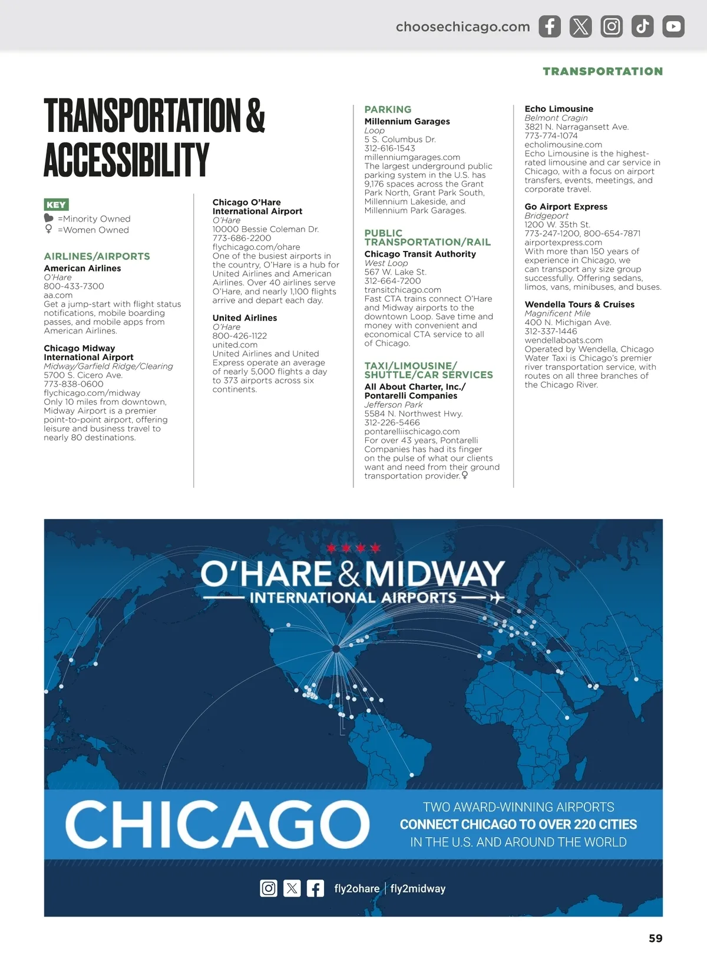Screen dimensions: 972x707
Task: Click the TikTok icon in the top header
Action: [x=642, y=27]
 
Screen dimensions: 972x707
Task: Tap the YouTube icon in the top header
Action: [x=673, y=27]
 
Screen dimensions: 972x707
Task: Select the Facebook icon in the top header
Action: [x=550, y=27]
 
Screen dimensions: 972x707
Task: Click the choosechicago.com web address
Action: [x=462, y=27]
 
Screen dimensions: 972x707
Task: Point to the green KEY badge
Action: [x=56, y=205]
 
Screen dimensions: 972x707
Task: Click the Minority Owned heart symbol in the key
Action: [x=49, y=219]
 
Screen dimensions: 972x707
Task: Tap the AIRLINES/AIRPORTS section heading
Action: [x=97, y=256]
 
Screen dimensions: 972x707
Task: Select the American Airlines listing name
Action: [x=82, y=268]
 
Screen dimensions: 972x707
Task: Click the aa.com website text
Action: [x=58, y=295]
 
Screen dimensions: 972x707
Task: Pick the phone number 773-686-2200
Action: [x=242, y=238]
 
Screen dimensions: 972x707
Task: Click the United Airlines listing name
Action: [x=245, y=318]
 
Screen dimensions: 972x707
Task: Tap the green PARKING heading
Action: [x=388, y=110]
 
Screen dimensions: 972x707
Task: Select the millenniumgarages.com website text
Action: [x=412, y=157]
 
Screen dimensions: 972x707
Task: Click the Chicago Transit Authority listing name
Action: [x=420, y=254]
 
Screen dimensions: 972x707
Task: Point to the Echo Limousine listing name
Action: [x=559, y=109]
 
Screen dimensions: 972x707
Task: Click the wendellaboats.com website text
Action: [x=563, y=340]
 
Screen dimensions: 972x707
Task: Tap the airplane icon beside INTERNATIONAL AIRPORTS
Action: [x=497, y=598]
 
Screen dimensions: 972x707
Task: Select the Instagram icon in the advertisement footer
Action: [x=269, y=888]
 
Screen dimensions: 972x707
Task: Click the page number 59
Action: [x=655, y=938]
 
